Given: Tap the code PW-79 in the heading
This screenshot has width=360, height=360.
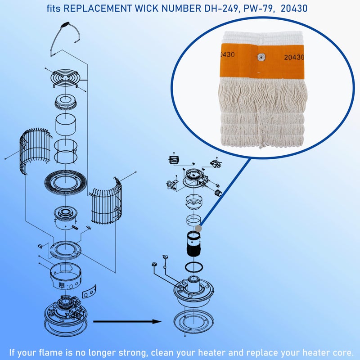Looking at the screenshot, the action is [x=258, y=9].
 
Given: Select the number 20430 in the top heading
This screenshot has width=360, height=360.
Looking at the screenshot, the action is [x=294, y=9].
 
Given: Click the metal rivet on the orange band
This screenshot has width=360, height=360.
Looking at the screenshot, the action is [x=261, y=57].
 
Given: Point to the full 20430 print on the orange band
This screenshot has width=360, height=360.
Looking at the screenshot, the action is [x=294, y=57].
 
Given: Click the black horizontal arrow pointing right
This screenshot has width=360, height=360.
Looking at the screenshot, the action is [x=127, y=321].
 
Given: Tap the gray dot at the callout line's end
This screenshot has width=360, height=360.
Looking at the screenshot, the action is [x=198, y=229].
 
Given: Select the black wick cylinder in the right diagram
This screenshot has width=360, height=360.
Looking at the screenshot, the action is [x=193, y=244].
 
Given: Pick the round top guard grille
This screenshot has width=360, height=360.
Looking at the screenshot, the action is [x=66, y=78].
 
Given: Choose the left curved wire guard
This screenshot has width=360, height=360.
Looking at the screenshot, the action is [x=35, y=150].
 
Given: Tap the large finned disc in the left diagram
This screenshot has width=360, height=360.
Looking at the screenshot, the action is [x=65, y=182].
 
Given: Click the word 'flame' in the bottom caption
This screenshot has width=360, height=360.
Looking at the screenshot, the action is [x=50, y=352].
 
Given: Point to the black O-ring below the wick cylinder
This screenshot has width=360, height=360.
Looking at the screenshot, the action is [x=194, y=267].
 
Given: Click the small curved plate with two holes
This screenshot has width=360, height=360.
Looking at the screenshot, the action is [x=89, y=292].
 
